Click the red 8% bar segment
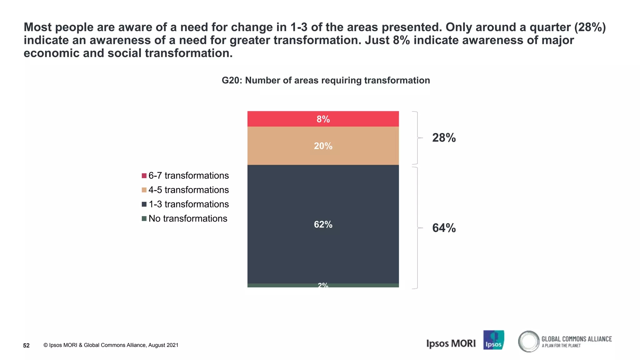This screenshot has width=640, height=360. pos(323,119)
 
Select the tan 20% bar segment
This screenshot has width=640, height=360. pos(323,146)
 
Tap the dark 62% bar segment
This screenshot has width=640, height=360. pos(323,224)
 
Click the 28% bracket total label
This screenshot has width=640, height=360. pos(444,138)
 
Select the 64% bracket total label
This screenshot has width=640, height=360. pos(444,228)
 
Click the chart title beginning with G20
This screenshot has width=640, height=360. pos(326,80)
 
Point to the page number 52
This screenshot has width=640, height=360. pos(26,345)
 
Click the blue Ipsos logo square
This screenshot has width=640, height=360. pos(493,340)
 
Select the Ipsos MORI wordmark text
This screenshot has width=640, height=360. pos(451,343)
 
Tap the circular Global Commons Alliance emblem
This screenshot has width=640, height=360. pos(528,341)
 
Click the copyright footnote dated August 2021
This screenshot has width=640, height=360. pos(111,345)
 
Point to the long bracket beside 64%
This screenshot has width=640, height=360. pos(417,228)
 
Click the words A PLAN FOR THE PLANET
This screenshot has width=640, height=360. pos(561,346)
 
